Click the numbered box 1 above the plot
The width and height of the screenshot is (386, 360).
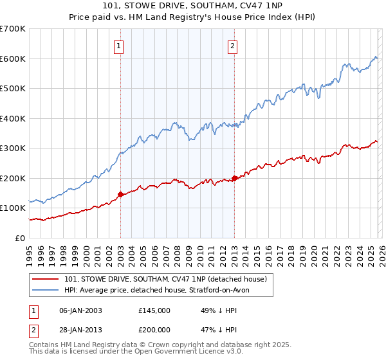click(120, 46)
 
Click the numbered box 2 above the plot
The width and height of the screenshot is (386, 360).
click(232, 46)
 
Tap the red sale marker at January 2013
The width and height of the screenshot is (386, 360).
click(234, 178)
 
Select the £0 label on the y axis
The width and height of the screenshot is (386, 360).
click(20, 238)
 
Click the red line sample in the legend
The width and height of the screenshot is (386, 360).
click(46, 278)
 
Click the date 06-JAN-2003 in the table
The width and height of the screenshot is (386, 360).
click(80, 310)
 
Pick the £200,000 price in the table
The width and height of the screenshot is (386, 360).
click(154, 329)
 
